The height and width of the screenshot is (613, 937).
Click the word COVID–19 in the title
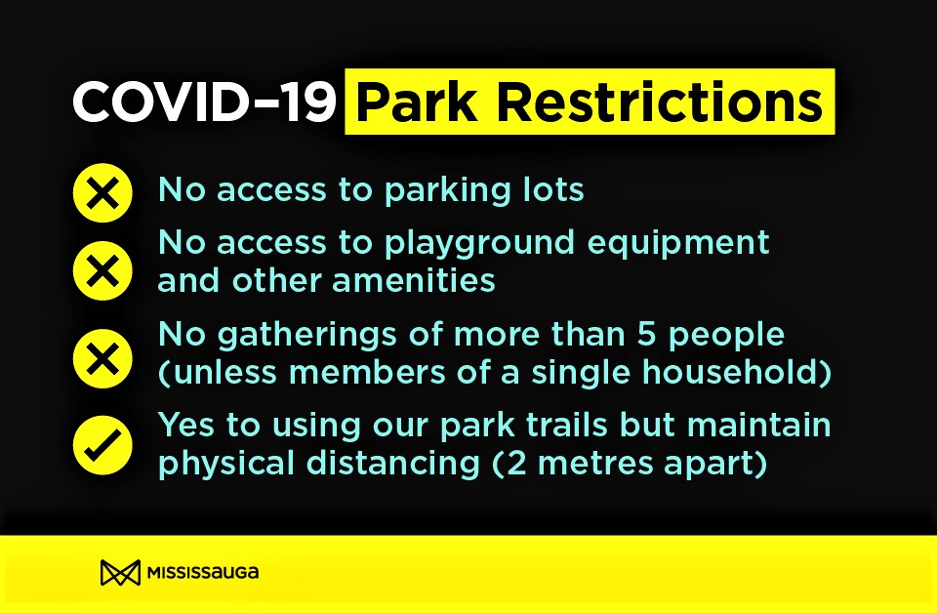click(203, 102)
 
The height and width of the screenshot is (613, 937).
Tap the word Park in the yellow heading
click(417, 102)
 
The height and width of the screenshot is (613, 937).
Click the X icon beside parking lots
click(102, 193)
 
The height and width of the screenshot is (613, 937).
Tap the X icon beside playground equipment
click(102, 270)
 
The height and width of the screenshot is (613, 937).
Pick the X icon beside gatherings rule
click(102, 358)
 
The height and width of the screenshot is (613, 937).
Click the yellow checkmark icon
click(102, 445)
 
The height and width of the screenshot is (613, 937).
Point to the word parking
click(448, 191)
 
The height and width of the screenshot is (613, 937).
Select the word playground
click(479, 244)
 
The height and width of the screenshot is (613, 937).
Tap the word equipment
click(678, 244)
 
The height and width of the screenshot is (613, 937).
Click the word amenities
click(414, 280)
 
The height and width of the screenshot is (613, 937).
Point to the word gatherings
click(306, 336)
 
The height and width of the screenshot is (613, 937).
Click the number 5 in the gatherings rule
click(646, 334)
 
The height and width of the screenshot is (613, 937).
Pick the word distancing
click(393, 465)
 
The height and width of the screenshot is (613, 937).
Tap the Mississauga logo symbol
click(120, 573)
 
